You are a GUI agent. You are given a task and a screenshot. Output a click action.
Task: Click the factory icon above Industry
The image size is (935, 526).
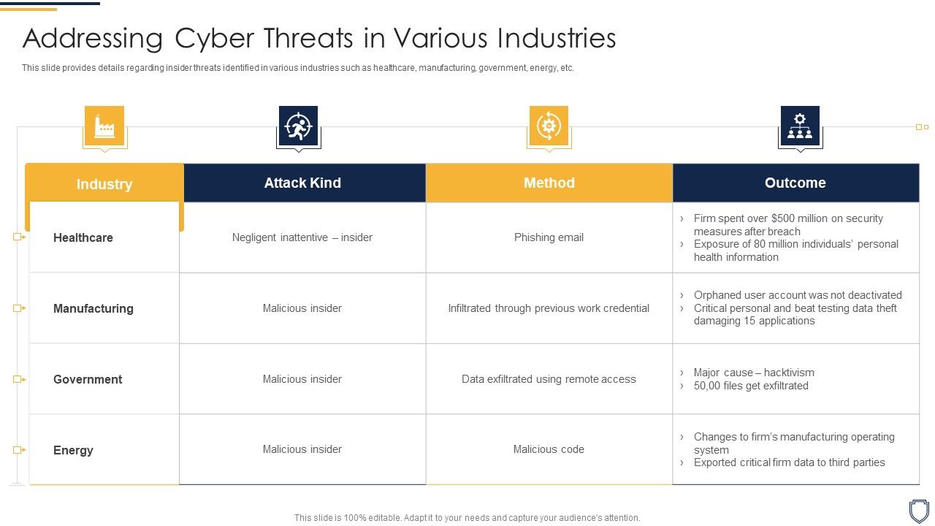point(104,126)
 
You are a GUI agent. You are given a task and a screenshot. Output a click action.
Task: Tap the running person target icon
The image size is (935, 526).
point(298,126)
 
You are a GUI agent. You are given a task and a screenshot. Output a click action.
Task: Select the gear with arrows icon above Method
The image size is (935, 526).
point(549,126)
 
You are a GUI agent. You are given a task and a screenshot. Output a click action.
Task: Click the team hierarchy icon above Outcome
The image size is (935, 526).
point(800,126)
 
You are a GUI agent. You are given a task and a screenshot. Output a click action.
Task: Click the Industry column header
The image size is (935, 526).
point(104,184)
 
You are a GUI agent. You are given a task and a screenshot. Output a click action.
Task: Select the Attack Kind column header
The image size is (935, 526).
point(302,183)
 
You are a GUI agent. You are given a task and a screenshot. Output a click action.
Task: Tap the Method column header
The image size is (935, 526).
point(549,183)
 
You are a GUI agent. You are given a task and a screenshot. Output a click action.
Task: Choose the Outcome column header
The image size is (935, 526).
point(795,183)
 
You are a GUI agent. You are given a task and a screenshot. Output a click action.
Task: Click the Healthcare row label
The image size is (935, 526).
point(83,237)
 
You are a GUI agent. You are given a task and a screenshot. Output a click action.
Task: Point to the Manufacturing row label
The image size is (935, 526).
point(93,308)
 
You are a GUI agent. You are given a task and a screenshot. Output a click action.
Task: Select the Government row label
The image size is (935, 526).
point(88,379)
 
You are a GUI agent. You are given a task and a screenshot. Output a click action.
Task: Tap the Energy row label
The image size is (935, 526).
point(73,450)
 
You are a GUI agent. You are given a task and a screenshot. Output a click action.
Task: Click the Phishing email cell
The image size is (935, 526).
point(549,237)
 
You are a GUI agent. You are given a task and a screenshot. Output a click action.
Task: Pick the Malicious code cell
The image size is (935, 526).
point(549,449)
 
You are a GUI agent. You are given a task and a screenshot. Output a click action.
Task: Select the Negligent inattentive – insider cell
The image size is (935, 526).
point(302,237)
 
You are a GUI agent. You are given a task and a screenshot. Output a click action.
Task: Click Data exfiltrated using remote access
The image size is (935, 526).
point(549,379)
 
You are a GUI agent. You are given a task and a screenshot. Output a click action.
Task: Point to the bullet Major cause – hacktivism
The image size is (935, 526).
point(754,373)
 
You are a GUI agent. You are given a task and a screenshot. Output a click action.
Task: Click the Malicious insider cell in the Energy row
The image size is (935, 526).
point(302,449)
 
